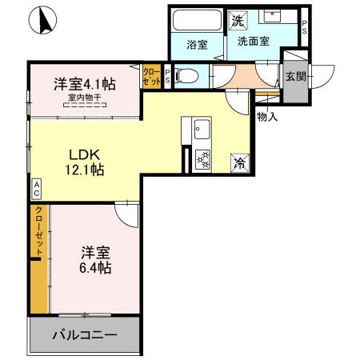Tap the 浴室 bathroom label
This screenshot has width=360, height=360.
[x=197, y=45]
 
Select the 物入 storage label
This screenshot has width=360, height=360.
[x=267, y=116]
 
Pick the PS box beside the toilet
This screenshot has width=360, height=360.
[x=166, y=76]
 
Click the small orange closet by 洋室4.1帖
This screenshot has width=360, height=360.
[x=151, y=76]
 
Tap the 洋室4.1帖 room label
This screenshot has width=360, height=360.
[x=84, y=82]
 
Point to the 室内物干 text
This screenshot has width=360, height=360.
[x=84, y=98]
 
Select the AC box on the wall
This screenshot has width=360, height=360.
[x=36, y=189]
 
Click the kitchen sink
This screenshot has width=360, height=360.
[x=199, y=129]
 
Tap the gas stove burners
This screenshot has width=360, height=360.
[x=202, y=160]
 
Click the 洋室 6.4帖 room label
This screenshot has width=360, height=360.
[x=94, y=259]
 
